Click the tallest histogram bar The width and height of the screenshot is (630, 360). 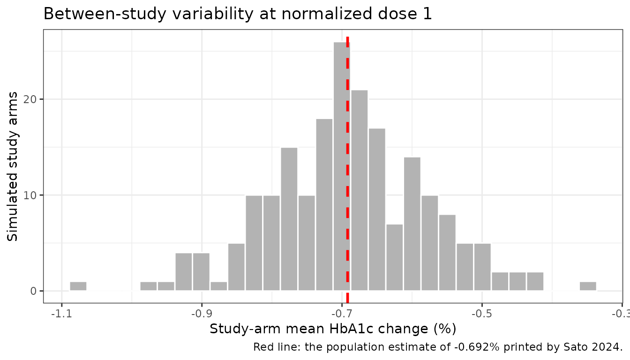tap(342, 166)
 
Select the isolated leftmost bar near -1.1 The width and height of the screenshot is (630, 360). tap(78, 286)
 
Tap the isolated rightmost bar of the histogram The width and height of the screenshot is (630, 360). tap(588, 286)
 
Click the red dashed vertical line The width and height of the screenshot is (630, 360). tap(348, 170)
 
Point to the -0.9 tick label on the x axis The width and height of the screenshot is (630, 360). tap(202, 314)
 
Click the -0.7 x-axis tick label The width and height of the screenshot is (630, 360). tap(342, 314)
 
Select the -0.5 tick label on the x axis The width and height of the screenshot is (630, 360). tap(482, 314)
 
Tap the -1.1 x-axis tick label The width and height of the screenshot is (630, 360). tap(61, 314)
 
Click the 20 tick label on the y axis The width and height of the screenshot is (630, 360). tap(30, 99)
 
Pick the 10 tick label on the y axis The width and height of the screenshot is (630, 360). tap(30, 195)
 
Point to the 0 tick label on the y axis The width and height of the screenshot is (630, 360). tap(33, 291)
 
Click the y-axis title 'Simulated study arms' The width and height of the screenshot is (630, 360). tap(12, 166)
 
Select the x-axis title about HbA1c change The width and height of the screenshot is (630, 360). tap(333, 329)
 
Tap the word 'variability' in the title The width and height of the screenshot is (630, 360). tap(213, 14)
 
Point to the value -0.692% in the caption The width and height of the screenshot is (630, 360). tap(477, 347)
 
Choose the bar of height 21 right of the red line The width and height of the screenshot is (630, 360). tap(360, 190)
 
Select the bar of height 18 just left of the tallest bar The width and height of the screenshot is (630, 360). tap(324, 205)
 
